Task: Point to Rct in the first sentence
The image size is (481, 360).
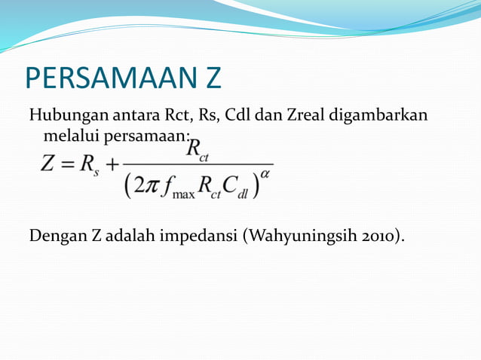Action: [x=178, y=116]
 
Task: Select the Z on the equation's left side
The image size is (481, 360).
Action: [x=48, y=163]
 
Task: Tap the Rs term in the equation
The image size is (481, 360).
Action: [x=89, y=165]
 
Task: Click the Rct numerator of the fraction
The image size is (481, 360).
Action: [x=198, y=149]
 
